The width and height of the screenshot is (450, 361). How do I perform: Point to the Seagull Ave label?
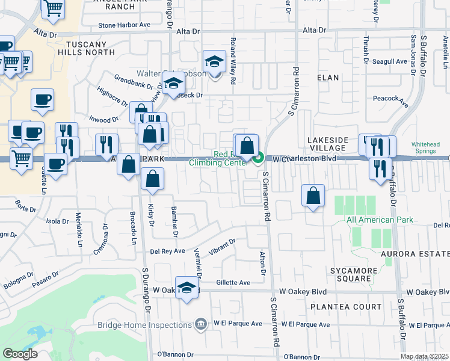390,61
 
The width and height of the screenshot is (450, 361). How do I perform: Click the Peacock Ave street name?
390,99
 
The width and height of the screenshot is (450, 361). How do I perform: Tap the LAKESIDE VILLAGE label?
328,144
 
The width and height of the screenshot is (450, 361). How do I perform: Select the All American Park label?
380,220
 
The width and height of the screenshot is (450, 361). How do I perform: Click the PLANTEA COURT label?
346,307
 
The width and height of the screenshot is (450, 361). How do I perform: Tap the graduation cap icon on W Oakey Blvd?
187,287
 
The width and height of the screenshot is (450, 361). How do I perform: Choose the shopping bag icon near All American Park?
313,196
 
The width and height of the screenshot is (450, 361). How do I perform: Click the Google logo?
20,354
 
